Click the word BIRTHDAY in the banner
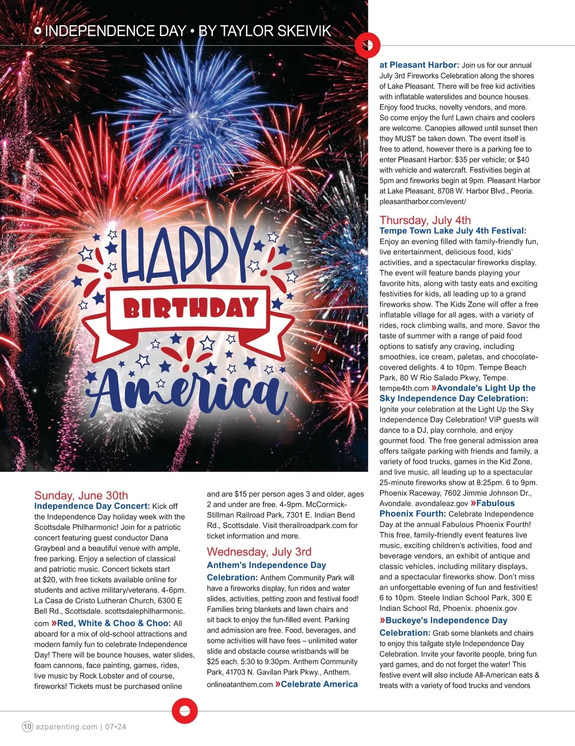click(x=191, y=308)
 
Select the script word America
click(x=188, y=390)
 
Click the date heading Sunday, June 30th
click(x=81, y=495)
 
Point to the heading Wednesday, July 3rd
click(x=259, y=552)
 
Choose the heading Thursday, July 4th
click(x=425, y=220)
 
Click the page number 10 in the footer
click(x=27, y=726)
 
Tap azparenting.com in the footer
click(x=66, y=726)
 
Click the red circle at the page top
click(x=368, y=45)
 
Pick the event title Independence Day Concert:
click(x=92, y=506)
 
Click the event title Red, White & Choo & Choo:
click(x=114, y=623)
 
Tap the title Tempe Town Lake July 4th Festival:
click(x=453, y=231)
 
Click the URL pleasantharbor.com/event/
click(x=422, y=202)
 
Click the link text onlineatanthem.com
click(x=240, y=684)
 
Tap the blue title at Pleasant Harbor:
click(x=419, y=65)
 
